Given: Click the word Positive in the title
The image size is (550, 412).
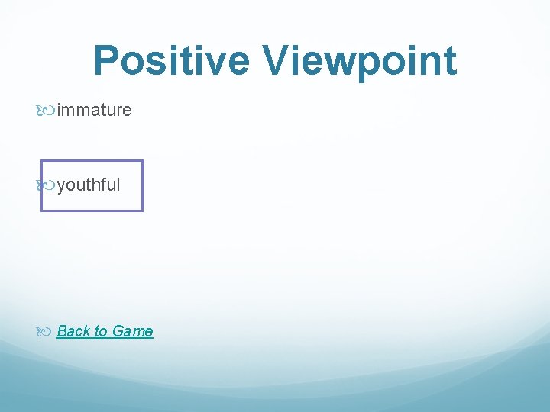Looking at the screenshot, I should pos(173,61).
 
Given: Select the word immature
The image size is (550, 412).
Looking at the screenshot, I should pos(94,111).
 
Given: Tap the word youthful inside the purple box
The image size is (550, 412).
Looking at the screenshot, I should pos(89,185).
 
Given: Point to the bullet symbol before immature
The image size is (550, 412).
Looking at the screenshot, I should pos(45,111).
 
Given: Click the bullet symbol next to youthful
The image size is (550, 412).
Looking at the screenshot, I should pos(45,185).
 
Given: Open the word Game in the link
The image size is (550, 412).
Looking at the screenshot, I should pos(132,331).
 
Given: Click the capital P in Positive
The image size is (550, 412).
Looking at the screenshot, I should pos(106,61).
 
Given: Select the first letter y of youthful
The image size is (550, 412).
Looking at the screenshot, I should pos(61,185).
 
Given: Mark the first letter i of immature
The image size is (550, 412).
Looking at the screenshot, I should pos(59,111).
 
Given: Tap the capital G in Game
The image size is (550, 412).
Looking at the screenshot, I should pos(118,331).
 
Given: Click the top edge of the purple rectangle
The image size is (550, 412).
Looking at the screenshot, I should pos(92,161).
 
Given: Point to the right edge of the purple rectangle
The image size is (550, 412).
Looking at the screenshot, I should pos(142,185).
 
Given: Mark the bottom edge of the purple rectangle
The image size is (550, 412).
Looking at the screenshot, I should pos(92,210).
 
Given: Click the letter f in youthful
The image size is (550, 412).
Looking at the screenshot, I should pos(102,185).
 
